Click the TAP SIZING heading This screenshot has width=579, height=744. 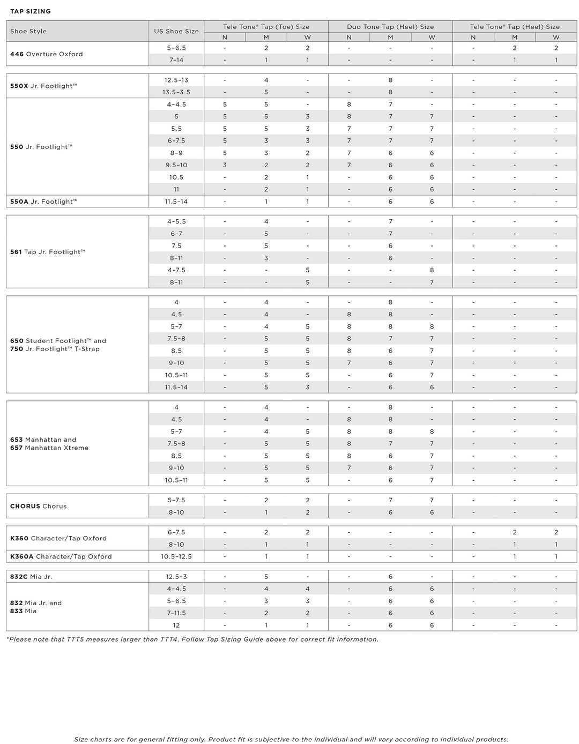(x=31, y=11)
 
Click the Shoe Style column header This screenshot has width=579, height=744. (x=28, y=31)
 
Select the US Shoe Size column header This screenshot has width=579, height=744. (x=176, y=31)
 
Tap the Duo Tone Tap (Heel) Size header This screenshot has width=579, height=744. (x=390, y=26)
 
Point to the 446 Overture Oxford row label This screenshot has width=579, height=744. (x=47, y=54)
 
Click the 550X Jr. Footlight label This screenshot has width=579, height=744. (x=44, y=86)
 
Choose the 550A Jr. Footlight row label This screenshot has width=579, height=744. (x=44, y=202)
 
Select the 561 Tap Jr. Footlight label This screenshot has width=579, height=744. (x=48, y=252)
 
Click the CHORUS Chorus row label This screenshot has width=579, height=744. (x=39, y=506)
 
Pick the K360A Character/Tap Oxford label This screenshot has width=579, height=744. (x=61, y=556)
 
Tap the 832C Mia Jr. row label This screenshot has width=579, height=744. (x=31, y=577)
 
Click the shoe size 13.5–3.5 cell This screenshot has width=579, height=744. (x=176, y=92)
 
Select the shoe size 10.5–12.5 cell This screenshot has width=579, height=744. (x=176, y=556)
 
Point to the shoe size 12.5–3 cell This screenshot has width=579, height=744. (x=176, y=577)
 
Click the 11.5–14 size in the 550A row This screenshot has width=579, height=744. (x=176, y=202)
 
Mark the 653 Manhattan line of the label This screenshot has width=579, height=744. (x=43, y=440)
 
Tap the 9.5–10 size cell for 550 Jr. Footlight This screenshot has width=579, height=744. (x=176, y=165)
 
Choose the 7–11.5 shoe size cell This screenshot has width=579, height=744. (x=176, y=613)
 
